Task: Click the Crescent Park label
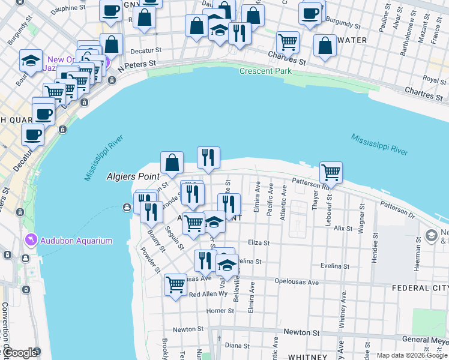265,71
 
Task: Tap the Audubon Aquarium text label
76,241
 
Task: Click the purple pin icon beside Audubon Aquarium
31,241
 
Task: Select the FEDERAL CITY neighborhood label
420,288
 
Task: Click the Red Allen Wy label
208,295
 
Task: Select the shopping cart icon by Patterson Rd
331,173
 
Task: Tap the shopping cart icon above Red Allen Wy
175,284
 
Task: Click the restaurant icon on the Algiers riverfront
208,158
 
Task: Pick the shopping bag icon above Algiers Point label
172,162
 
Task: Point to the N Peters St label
137,66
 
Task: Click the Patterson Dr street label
397,209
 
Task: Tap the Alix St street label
343,229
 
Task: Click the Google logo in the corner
19,353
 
